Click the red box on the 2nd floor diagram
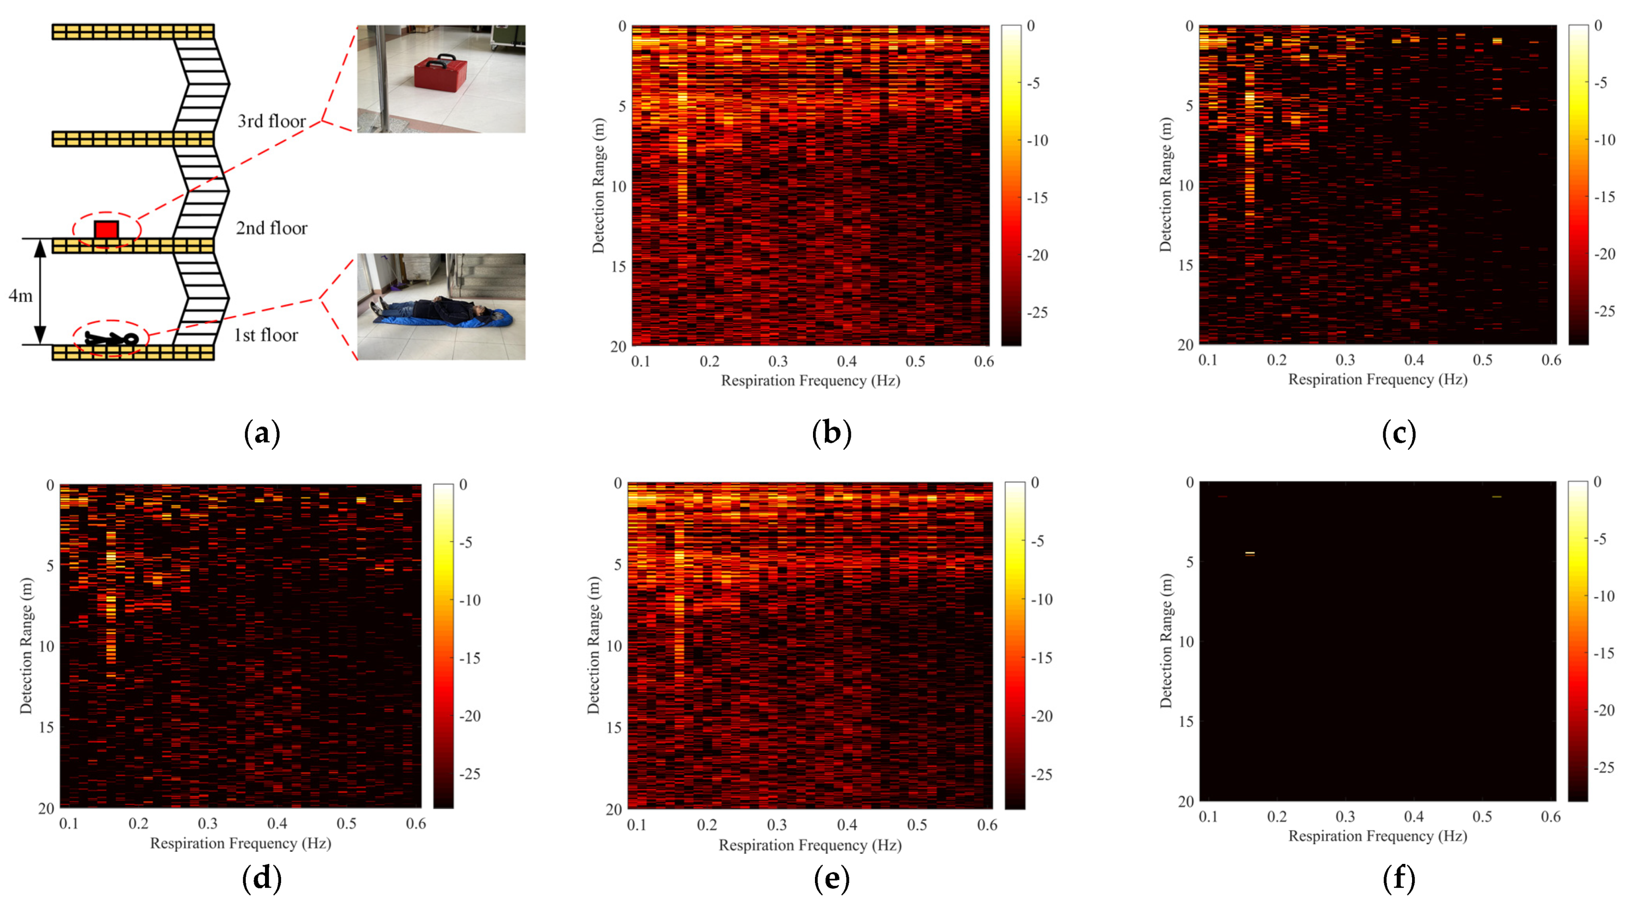(x=106, y=229)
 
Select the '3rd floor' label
(x=271, y=121)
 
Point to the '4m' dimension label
(x=20, y=295)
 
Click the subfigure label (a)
(x=262, y=434)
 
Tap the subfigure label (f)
(x=1398, y=878)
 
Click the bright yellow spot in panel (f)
(x=1249, y=553)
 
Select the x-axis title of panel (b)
(x=810, y=381)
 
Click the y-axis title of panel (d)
(x=26, y=645)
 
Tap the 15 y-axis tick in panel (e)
(x=613, y=728)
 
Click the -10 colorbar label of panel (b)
(x=1037, y=141)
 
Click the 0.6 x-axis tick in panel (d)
(x=416, y=824)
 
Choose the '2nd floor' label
(x=271, y=228)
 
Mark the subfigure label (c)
(x=1398, y=434)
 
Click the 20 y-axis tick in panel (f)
(x=1185, y=801)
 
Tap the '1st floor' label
(x=266, y=335)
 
